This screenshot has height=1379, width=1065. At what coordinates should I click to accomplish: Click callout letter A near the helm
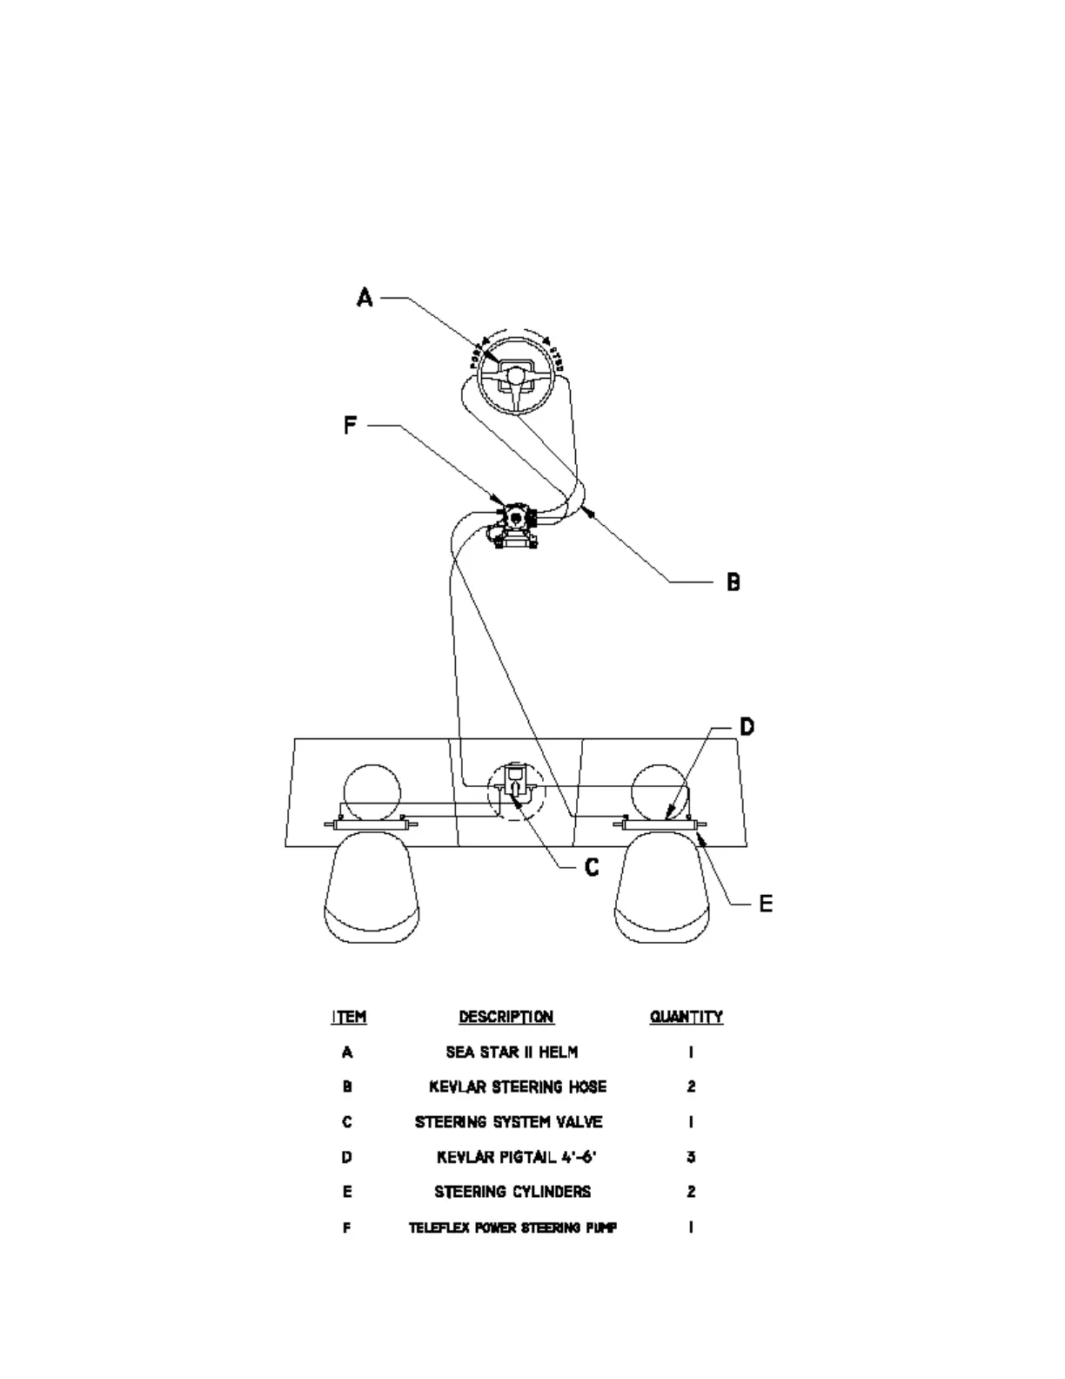coord(365,298)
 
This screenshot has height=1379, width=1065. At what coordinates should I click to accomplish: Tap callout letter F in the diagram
coord(350,426)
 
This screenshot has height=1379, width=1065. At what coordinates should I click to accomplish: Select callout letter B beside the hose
coord(733,582)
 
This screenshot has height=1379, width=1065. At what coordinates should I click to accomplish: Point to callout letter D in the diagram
coord(747,726)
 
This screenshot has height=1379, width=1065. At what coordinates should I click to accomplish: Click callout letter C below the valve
coord(592,867)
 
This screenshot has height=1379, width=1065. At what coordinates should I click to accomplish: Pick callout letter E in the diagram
coord(766,904)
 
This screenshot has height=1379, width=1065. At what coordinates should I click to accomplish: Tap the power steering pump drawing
coord(516,525)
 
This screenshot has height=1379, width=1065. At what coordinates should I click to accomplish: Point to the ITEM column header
coord(349,1017)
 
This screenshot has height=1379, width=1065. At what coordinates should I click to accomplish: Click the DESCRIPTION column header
coord(506,1017)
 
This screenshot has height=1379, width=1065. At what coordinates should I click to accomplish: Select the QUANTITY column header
coord(687,1017)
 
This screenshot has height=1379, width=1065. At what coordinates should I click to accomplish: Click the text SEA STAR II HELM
coord(512,1053)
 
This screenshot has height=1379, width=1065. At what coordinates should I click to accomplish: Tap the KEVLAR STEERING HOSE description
coord(518,1087)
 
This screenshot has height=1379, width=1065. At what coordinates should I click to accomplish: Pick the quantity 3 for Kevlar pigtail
coord(691,1157)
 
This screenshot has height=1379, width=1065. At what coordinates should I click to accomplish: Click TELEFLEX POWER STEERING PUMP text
coord(513,1228)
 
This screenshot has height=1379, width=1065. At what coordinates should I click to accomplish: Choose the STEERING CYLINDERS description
coord(512,1192)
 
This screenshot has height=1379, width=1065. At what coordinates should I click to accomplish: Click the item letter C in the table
coord(347,1122)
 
